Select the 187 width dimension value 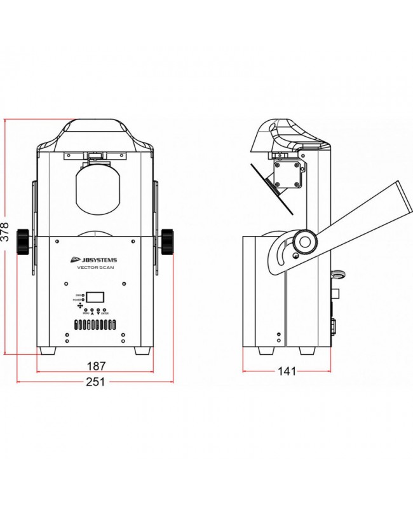pyautogui.click(x=95, y=367)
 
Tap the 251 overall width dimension pyautogui.click(x=95, y=382)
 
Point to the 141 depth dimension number pyautogui.click(x=287, y=371)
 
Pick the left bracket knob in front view pyautogui.click(x=24, y=241)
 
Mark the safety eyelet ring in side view pyautogui.click(x=337, y=275)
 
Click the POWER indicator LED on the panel pyautogui.click(x=83, y=300)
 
